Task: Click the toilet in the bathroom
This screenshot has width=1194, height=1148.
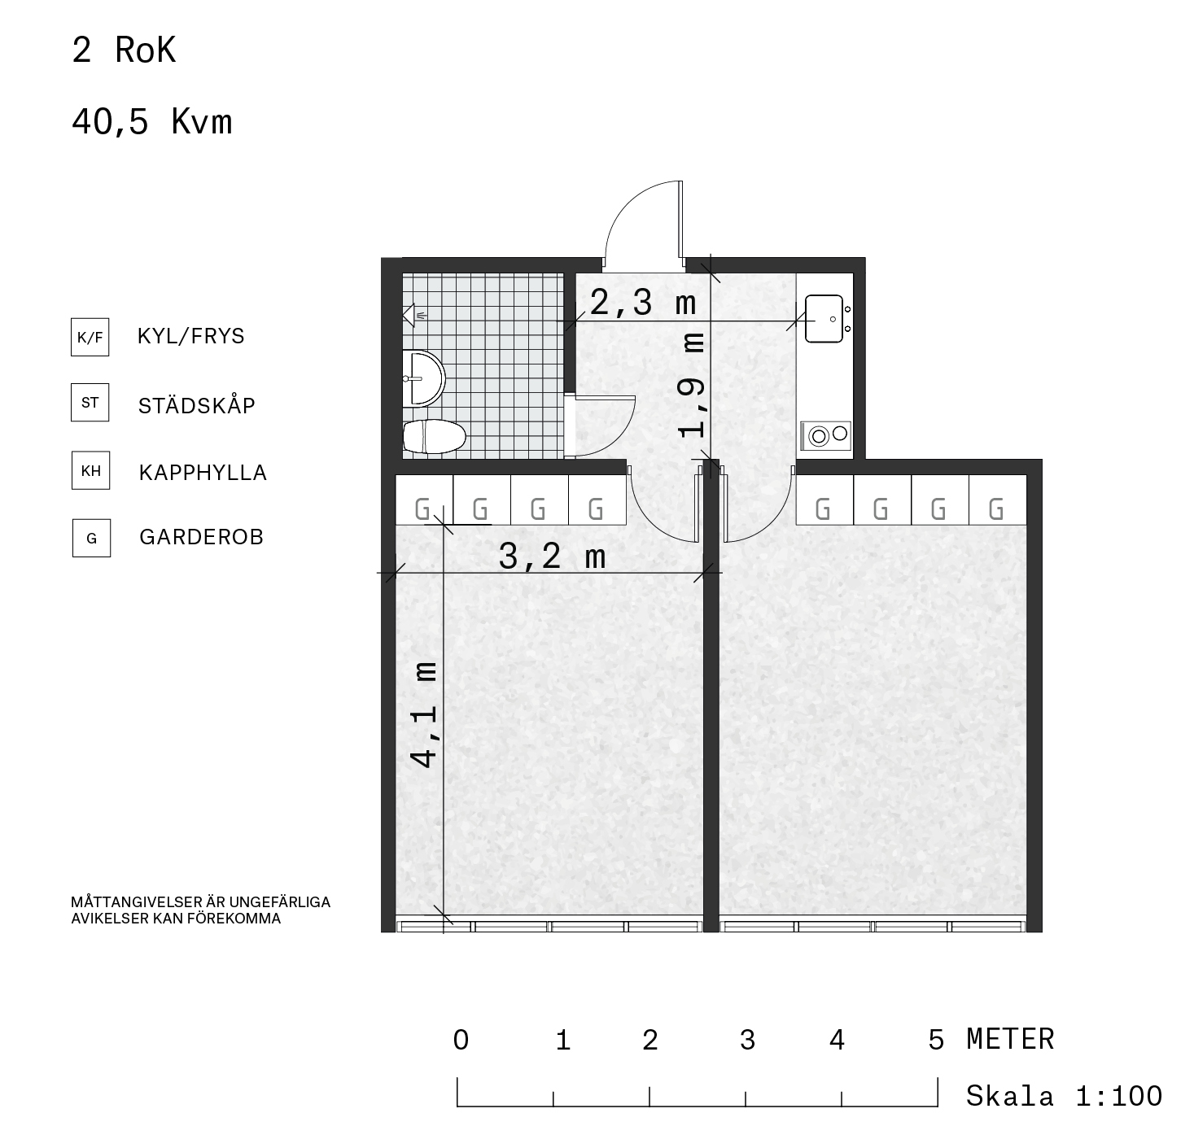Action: tap(434, 437)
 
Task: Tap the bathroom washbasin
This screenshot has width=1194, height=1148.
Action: tap(424, 378)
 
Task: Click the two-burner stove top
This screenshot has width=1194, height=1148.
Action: tap(826, 435)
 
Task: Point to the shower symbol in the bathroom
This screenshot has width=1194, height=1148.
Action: tap(413, 316)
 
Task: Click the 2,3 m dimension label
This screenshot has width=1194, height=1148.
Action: tap(643, 303)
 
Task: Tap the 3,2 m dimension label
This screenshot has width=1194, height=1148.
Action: tap(552, 557)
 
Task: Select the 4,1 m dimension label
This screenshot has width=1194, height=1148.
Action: tap(425, 714)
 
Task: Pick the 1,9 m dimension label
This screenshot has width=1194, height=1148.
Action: tap(692, 385)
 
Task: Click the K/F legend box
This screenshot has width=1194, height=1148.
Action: tap(90, 337)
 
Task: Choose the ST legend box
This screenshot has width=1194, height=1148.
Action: tap(90, 402)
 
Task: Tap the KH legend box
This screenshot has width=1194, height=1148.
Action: tap(91, 470)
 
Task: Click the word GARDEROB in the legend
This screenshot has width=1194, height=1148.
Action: tap(202, 537)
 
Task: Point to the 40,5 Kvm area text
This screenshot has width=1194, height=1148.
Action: tap(152, 121)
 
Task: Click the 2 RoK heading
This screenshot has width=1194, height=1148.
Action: tap(124, 50)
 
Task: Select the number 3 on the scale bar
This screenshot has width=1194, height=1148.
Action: tap(747, 1040)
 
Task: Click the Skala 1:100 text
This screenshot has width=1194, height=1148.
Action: tap(1065, 1096)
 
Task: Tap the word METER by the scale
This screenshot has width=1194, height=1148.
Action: tap(1011, 1040)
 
